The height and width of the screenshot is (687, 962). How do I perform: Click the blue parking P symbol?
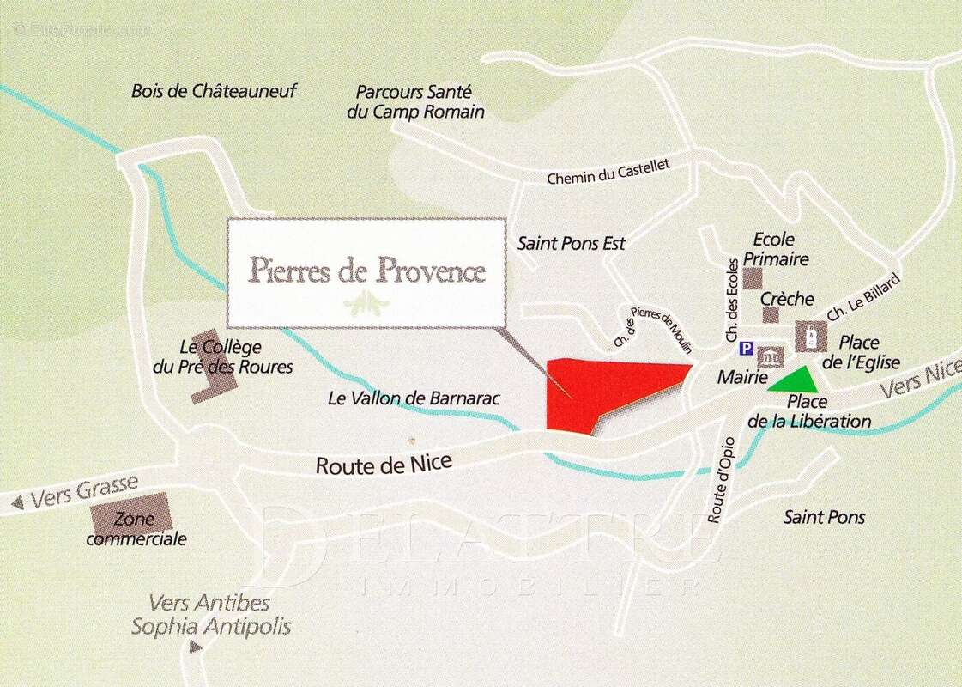click(x=746, y=350)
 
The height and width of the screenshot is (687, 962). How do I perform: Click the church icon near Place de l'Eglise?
click(x=808, y=336)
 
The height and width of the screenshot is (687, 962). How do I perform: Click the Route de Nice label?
click(x=383, y=465)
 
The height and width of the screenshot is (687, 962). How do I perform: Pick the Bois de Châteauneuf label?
click(x=214, y=91)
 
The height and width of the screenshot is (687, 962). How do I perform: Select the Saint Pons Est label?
click(x=571, y=244)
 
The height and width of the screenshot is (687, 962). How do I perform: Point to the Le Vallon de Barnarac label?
click(x=414, y=398)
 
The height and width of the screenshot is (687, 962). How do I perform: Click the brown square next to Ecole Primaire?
click(x=753, y=278)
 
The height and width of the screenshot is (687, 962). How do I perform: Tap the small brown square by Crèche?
click(x=771, y=315)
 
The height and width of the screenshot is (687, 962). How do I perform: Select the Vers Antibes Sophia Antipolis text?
click(x=210, y=615)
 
